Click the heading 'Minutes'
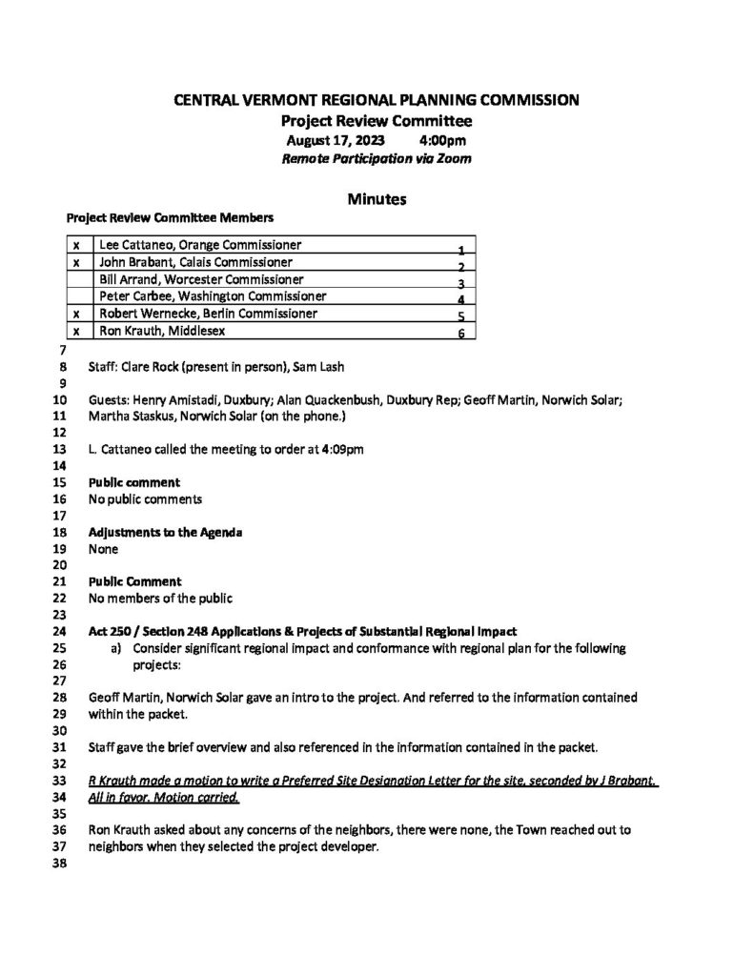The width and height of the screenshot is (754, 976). tap(377, 199)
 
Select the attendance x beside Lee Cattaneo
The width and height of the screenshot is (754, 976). tap(76, 245)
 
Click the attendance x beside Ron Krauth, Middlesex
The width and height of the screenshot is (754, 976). tap(76, 331)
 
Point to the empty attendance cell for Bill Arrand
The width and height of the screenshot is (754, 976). tap(76, 279)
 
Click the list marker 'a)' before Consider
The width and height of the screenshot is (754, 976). tap(116, 648)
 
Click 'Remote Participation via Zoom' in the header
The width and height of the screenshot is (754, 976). tap(377, 159)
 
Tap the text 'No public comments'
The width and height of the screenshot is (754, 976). tap(145, 498)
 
